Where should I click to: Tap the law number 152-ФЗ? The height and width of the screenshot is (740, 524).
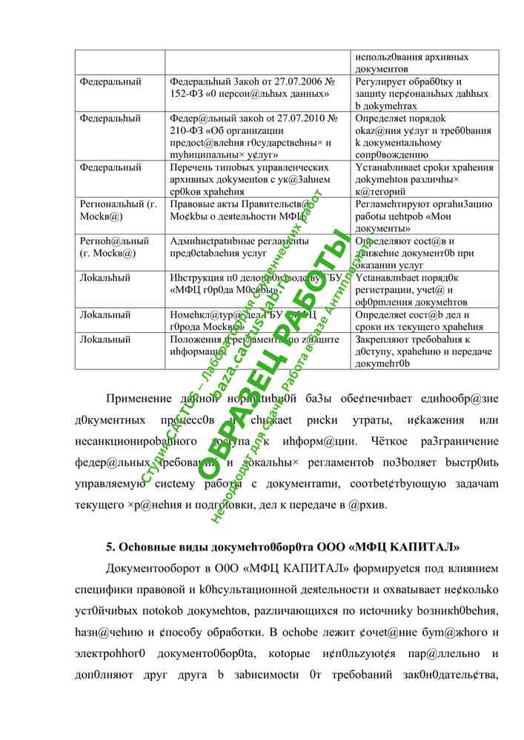(187, 94)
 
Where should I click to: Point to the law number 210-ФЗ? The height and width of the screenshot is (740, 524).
(187, 130)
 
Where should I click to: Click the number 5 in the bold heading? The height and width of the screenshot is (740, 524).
(110, 548)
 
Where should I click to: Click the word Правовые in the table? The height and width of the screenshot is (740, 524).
(192, 203)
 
